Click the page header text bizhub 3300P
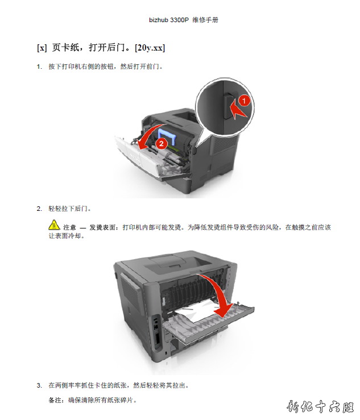click(x=169, y=20)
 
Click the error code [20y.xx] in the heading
click(x=150, y=48)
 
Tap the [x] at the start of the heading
click(x=42, y=48)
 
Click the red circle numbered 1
click(x=244, y=101)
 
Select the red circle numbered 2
click(x=162, y=144)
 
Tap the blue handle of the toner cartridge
click(x=168, y=136)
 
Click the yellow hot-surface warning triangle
click(x=54, y=225)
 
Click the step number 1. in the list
click(x=39, y=66)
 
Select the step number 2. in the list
click(x=39, y=209)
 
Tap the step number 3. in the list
click(x=39, y=385)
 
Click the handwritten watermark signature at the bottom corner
click(x=320, y=406)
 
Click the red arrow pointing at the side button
click(x=238, y=110)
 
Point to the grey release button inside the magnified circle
click(x=229, y=106)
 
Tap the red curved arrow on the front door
click(x=150, y=136)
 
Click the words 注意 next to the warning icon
click(x=70, y=227)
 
